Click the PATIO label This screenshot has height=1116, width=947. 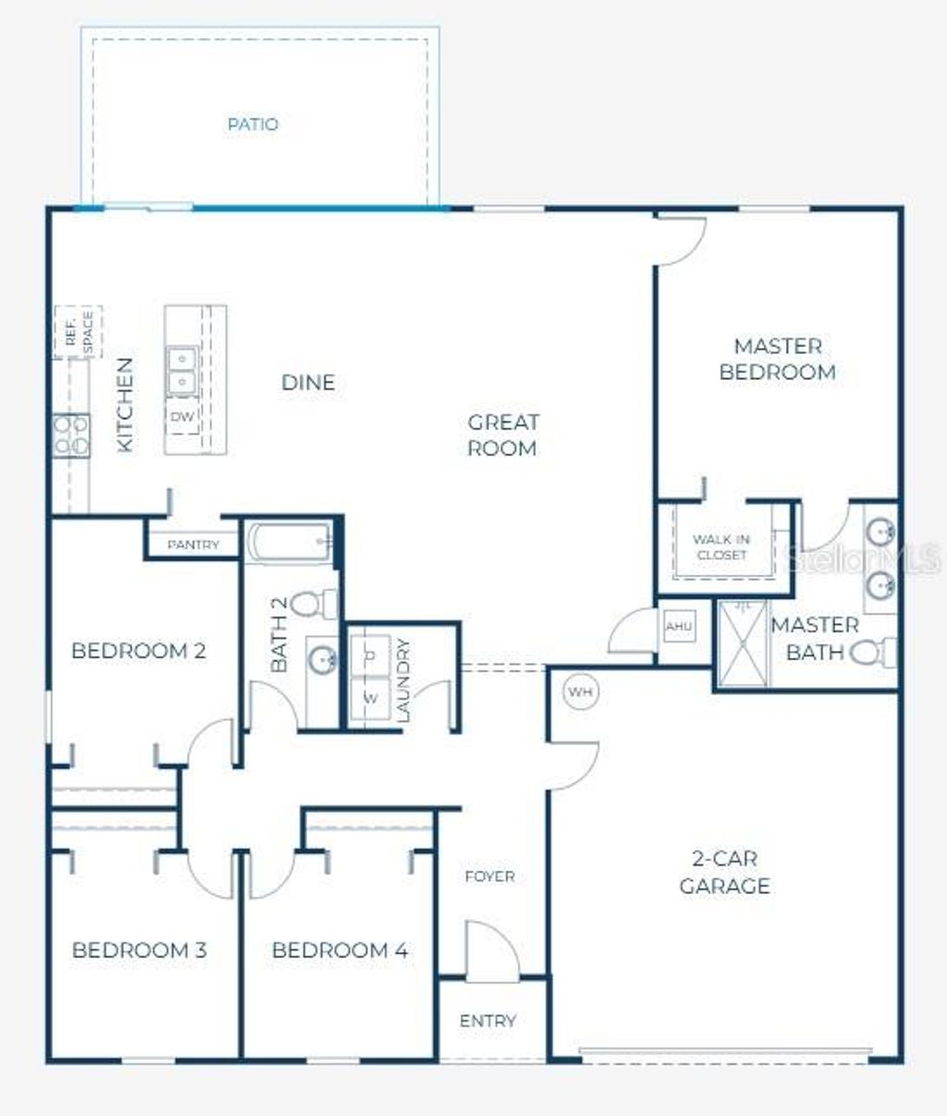tap(252, 124)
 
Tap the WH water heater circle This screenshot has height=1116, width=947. tap(579, 692)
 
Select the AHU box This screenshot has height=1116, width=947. tap(679, 627)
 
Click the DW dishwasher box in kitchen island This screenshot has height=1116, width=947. tap(182, 417)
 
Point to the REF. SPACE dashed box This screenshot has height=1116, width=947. tap(80, 332)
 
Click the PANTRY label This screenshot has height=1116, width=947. tap(193, 546)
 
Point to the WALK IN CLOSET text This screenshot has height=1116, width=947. tap(721, 546)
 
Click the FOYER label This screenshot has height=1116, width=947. tap(489, 876)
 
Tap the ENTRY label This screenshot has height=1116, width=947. tap(487, 1021)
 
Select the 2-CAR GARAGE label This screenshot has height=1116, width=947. tap(724, 872)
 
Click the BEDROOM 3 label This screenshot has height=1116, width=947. tap(139, 950)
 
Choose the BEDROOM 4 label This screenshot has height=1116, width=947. tap(339, 950)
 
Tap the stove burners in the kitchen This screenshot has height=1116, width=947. tap(71, 435)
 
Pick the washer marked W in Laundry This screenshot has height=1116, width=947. tap(371, 698)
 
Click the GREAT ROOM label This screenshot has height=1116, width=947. tap(502, 435)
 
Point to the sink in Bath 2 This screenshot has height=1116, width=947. tap(323, 660)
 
